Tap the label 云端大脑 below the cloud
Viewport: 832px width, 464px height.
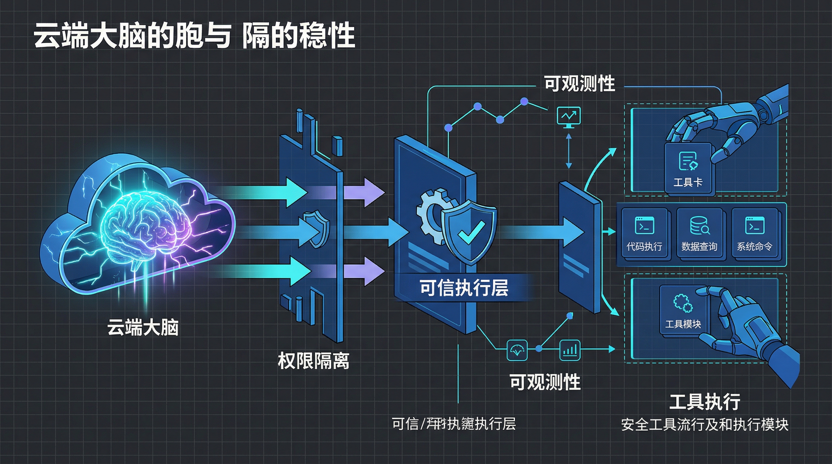143,327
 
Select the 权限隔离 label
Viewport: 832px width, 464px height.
313,361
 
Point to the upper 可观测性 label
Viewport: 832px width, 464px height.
580,84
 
